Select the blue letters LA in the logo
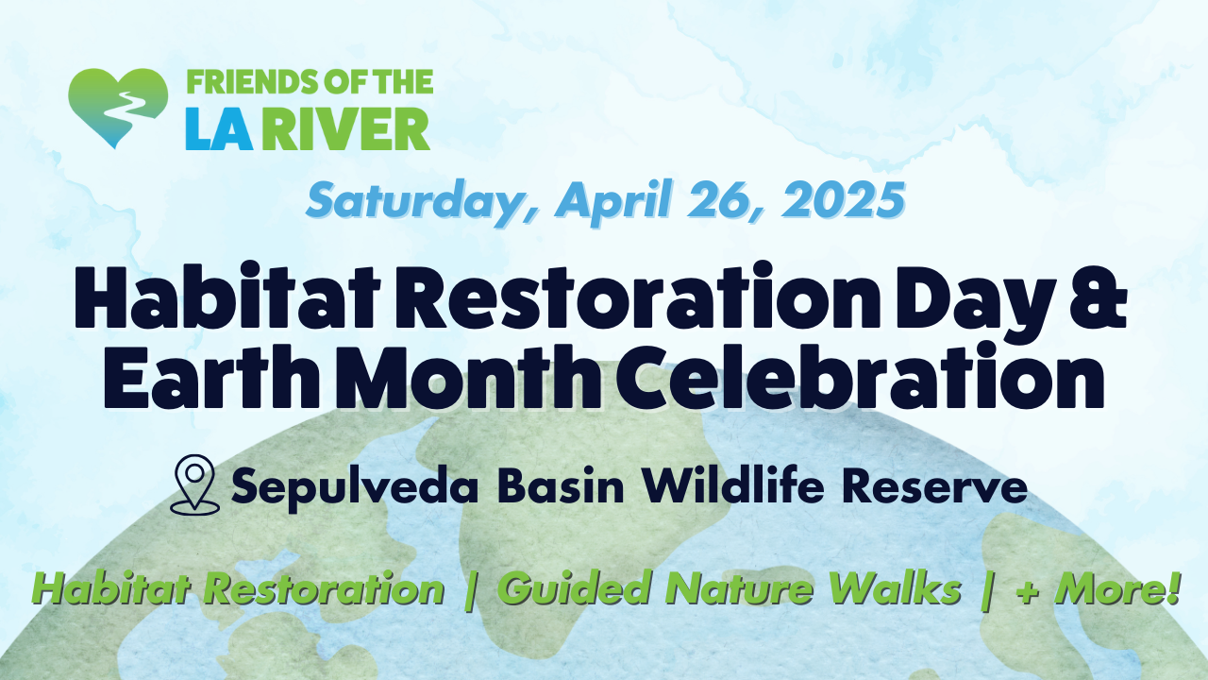point(219,129)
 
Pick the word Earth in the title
point(211,377)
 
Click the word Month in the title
point(468,377)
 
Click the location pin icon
point(194,484)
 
